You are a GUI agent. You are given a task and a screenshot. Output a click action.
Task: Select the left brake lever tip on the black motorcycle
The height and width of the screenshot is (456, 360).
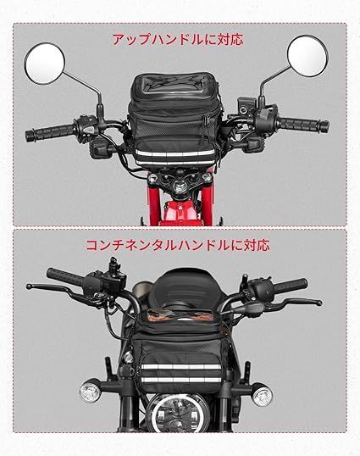click(x=30, y=287)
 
